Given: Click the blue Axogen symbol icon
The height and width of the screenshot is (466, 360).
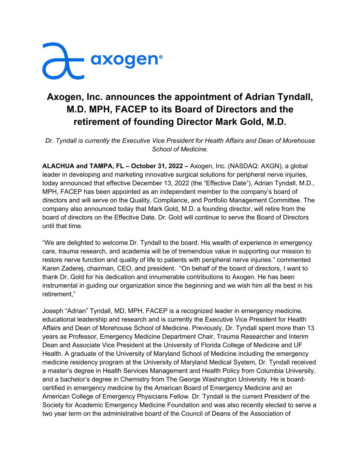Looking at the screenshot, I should point(63,61).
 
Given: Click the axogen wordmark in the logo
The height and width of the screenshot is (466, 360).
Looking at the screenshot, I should point(124,60).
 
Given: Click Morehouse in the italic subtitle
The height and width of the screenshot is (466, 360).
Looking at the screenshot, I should point(298,141).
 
